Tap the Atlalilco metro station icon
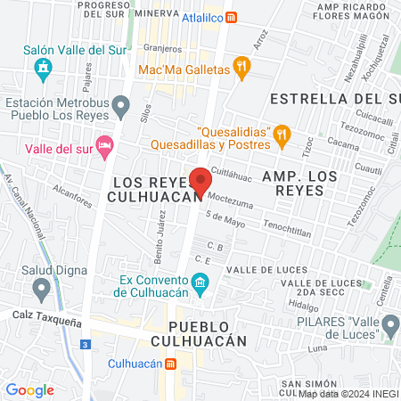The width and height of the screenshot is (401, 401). tap(232, 16)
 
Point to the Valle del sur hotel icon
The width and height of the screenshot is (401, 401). tap(105, 145)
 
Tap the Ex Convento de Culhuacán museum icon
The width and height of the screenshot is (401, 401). tap(200, 285)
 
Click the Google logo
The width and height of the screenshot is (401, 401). tap(29, 390)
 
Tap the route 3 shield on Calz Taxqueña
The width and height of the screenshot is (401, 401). tap(84, 344)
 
